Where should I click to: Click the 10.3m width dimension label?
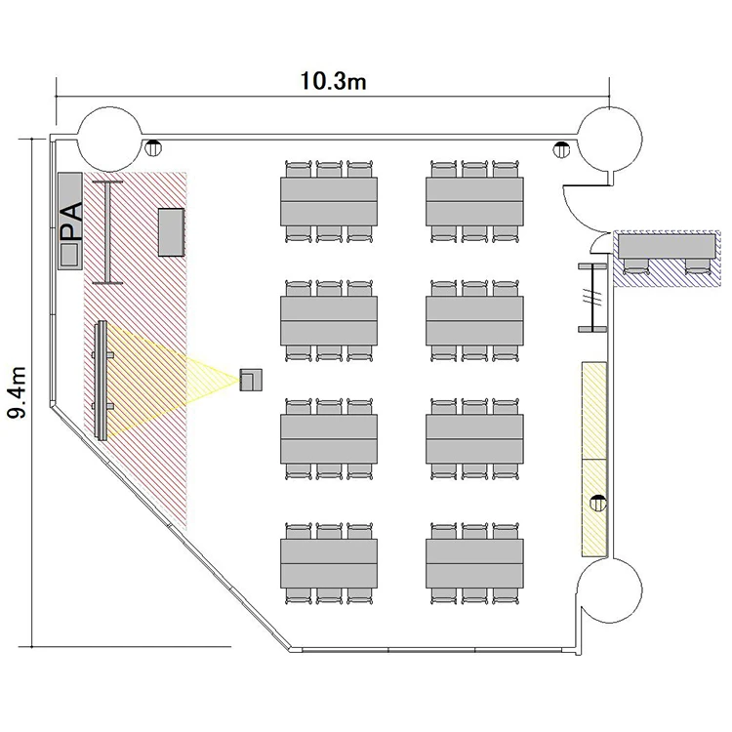pos(333,81)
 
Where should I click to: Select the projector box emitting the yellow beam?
pos(251,380)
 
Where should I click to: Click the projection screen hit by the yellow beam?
pos(101,380)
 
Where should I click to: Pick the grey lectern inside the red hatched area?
pos(171,232)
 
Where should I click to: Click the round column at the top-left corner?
pos(109,139)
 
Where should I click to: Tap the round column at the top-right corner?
pos(610,139)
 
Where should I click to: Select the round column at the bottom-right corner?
pos(610,590)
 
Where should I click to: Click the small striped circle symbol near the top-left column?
pos(152,147)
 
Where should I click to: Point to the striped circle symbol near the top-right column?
pos(561,149)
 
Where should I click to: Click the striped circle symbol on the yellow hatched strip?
pos(598,504)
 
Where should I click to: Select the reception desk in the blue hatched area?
pos(667,246)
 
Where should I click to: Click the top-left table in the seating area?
pos(329,201)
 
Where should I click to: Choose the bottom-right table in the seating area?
pos(474,563)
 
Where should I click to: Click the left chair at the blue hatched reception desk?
pos(635,265)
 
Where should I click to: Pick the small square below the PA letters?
pos(69,254)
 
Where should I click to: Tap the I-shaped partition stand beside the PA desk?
pos(107,232)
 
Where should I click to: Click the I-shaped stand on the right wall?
pos(592,298)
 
